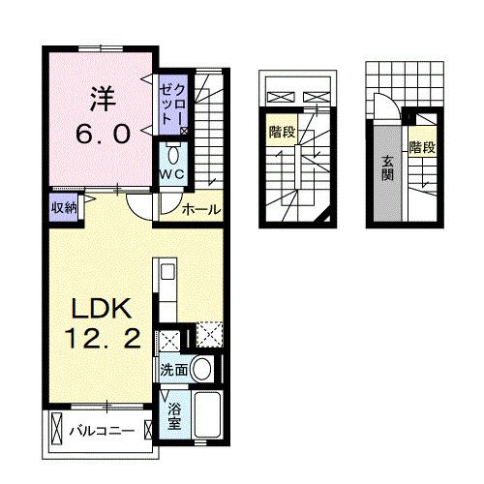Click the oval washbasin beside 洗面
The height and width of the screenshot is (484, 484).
click(201, 368)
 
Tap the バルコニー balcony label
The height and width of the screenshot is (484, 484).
click(106, 430)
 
